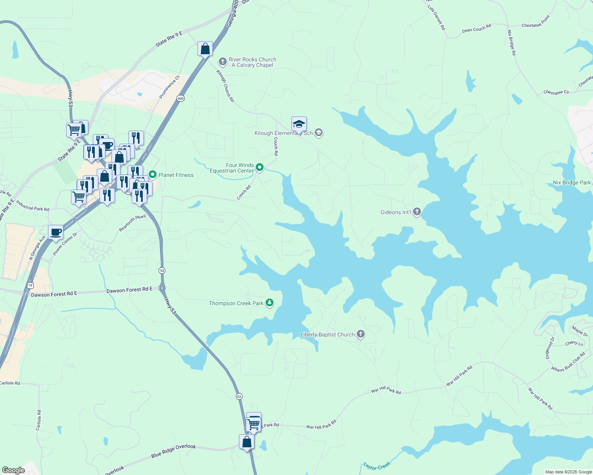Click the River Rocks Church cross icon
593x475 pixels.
[x=223, y=62]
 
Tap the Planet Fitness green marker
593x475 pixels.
[x=153, y=175]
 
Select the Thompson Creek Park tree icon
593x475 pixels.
[x=270, y=303]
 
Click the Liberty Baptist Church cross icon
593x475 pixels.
[x=360, y=334]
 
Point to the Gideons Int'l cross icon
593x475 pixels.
[x=417, y=212]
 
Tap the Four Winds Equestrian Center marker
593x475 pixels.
[x=260, y=168]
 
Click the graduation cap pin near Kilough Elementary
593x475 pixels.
[x=299, y=124]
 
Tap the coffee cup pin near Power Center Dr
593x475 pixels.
[x=55, y=232]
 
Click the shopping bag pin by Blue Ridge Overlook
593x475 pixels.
[x=247, y=442]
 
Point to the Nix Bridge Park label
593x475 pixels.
[x=572, y=182]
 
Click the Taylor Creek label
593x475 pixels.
[x=377, y=466]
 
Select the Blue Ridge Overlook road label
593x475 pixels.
[x=174, y=451]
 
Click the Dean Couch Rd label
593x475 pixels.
[x=476, y=28]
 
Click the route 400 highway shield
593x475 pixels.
[x=180, y=99]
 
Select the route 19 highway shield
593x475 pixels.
[x=31, y=285]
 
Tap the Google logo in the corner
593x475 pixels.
[x=13, y=470]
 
